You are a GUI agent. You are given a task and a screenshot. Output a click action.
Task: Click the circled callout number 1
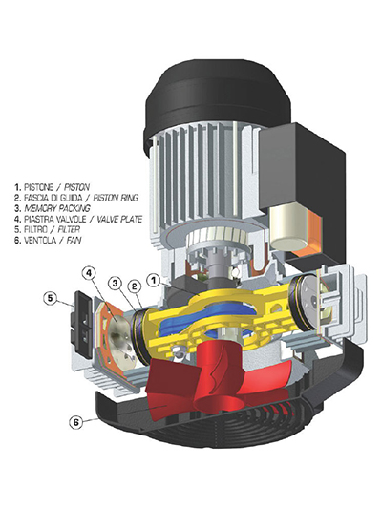point(155,281)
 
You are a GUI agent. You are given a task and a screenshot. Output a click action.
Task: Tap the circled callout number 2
point(135,287)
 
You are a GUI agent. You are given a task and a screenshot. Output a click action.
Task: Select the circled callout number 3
point(116,284)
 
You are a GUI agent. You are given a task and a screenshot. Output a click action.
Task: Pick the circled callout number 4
point(90,273)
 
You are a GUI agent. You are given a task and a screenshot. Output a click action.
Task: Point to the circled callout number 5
point(51,298)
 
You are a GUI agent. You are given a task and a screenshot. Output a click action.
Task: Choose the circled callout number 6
point(76,422)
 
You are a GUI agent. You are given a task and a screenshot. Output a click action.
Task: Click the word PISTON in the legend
point(76,187)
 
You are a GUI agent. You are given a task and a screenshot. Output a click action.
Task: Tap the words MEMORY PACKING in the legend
point(57,208)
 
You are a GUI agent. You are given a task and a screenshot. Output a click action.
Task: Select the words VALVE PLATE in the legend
point(119,219)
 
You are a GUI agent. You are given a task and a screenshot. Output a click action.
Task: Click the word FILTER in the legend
point(69,229)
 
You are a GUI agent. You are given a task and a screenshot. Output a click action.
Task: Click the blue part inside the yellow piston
point(208,316)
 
